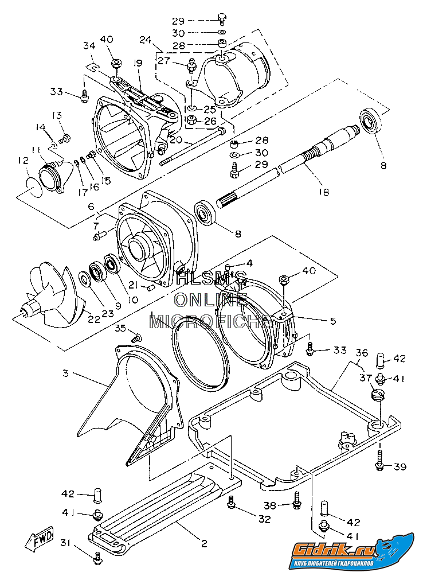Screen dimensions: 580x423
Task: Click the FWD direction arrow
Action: tap(39, 539)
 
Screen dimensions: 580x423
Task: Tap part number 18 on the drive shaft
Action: tap(324, 192)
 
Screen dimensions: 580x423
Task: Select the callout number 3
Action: tap(66, 373)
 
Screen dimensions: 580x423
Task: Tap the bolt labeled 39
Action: tap(379, 460)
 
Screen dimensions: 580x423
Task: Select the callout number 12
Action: tap(23, 162)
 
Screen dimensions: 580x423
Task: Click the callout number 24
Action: tap(146, 40)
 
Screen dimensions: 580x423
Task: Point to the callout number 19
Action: tap(138, 63)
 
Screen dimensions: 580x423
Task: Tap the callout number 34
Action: tap(89, 46)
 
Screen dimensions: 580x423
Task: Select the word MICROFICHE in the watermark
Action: tap(211, 321)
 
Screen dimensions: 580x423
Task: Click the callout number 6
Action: tap(91, 206)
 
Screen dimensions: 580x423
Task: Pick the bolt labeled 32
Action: tap(231, 502)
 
